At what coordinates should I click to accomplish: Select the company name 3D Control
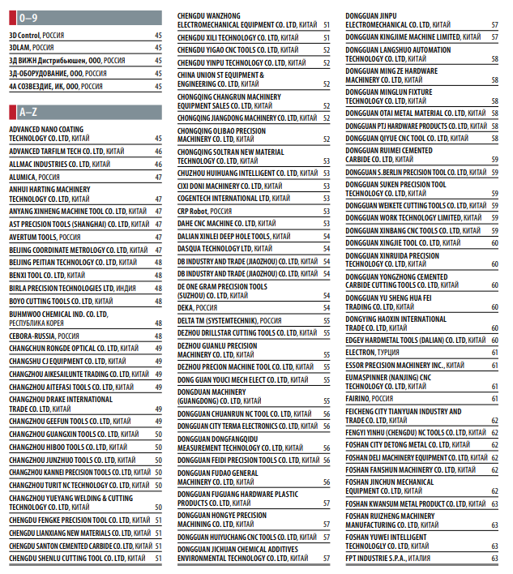pos(24,36)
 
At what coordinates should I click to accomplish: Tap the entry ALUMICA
pos(24,176)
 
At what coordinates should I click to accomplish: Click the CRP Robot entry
pos(193,210)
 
